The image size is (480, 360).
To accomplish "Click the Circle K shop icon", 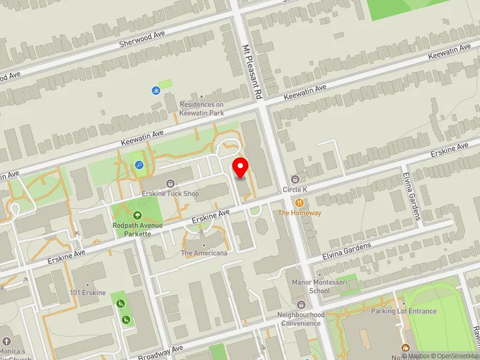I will click(295, 179).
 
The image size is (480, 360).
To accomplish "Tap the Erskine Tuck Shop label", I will click(170, 193).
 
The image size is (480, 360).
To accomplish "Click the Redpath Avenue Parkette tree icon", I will click(137, 215).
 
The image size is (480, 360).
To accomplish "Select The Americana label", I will click(204, 253).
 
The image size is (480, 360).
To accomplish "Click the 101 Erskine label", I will click(88, 292).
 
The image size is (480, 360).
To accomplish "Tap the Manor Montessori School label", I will click(311, 286).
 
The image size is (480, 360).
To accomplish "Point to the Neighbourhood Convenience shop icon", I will click(301, 305).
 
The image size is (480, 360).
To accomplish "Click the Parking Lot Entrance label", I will click(403, 311).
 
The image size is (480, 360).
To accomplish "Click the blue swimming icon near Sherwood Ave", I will click(155, 91).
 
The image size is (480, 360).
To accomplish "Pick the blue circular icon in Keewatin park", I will click(139, 165).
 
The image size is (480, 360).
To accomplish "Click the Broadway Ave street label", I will click(167, 352).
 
